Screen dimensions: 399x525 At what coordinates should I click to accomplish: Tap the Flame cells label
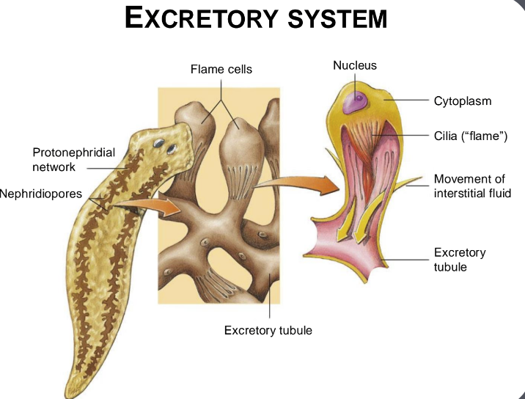[221, 70]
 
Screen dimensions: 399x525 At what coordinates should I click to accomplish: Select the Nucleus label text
[355, 65]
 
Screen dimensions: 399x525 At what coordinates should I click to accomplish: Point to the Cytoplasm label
[463, 101]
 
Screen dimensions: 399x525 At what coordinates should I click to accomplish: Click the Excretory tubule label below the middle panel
[268, 330]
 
